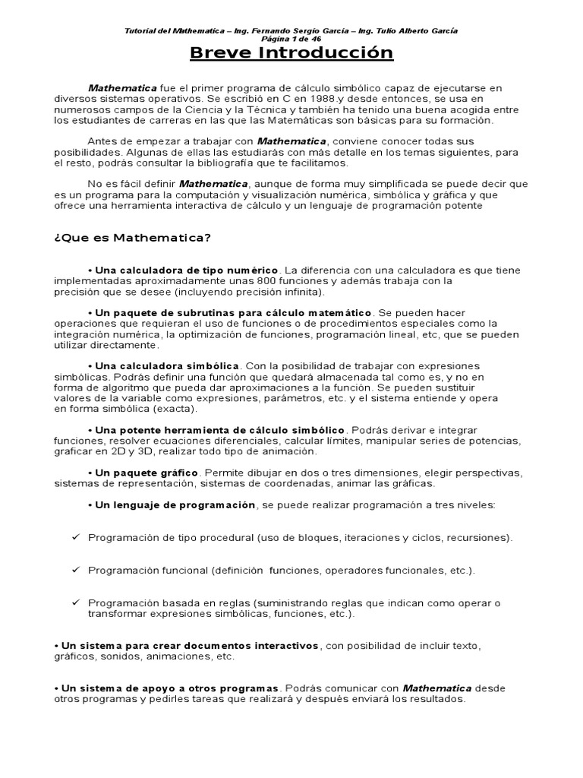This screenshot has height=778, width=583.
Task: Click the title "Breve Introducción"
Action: point(291,53)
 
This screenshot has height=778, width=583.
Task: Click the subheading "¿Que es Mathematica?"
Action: point(132,238)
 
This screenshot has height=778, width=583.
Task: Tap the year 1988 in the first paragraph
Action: point(320,99)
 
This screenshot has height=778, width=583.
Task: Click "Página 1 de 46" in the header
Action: point(291,39)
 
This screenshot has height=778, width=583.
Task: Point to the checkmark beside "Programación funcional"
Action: point(76,569)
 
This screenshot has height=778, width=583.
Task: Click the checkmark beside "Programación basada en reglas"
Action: point(76,602)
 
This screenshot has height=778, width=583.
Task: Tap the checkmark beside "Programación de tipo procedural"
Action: point(76,537)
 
